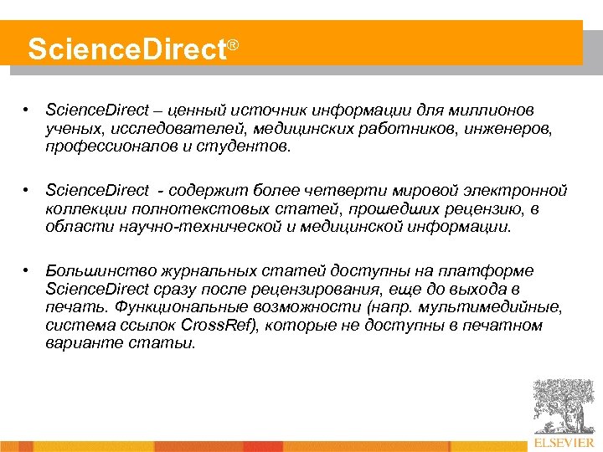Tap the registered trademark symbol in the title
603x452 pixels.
click(x=234, y=43)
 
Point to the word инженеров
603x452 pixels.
click(x=509, y=129)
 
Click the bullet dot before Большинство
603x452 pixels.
click(x=28, y=270)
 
